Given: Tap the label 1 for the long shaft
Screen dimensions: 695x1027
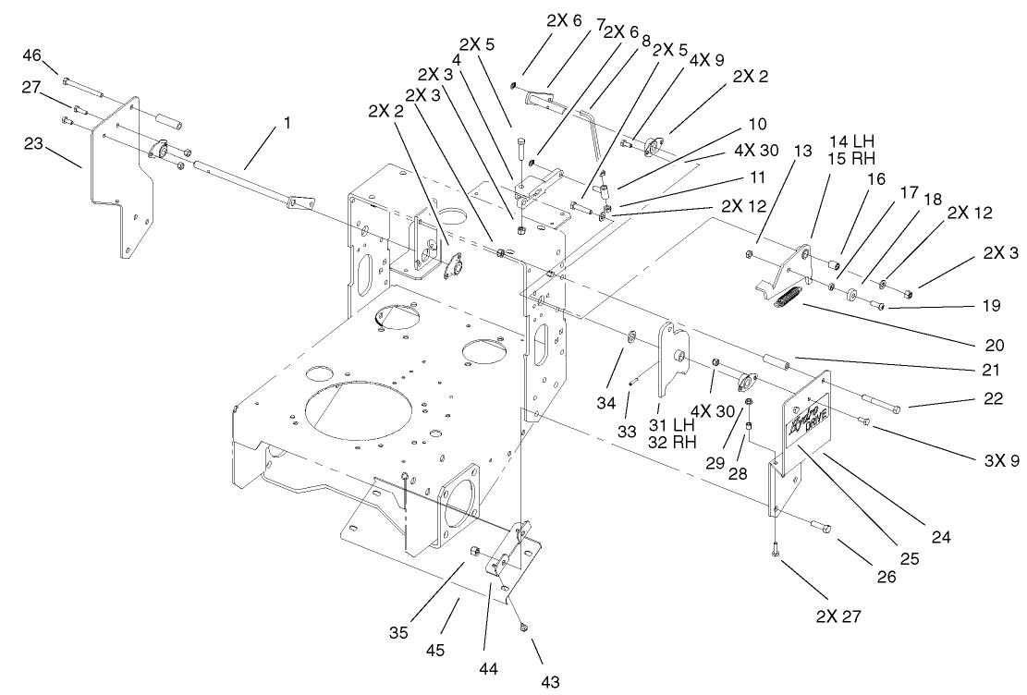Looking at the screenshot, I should (287, 122).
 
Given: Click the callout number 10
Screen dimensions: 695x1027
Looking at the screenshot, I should (757, 122).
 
